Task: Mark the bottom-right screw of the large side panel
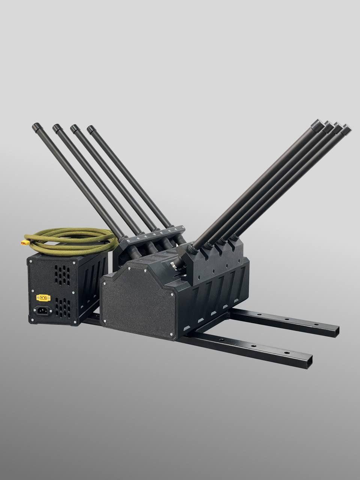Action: [x=171, y=335]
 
